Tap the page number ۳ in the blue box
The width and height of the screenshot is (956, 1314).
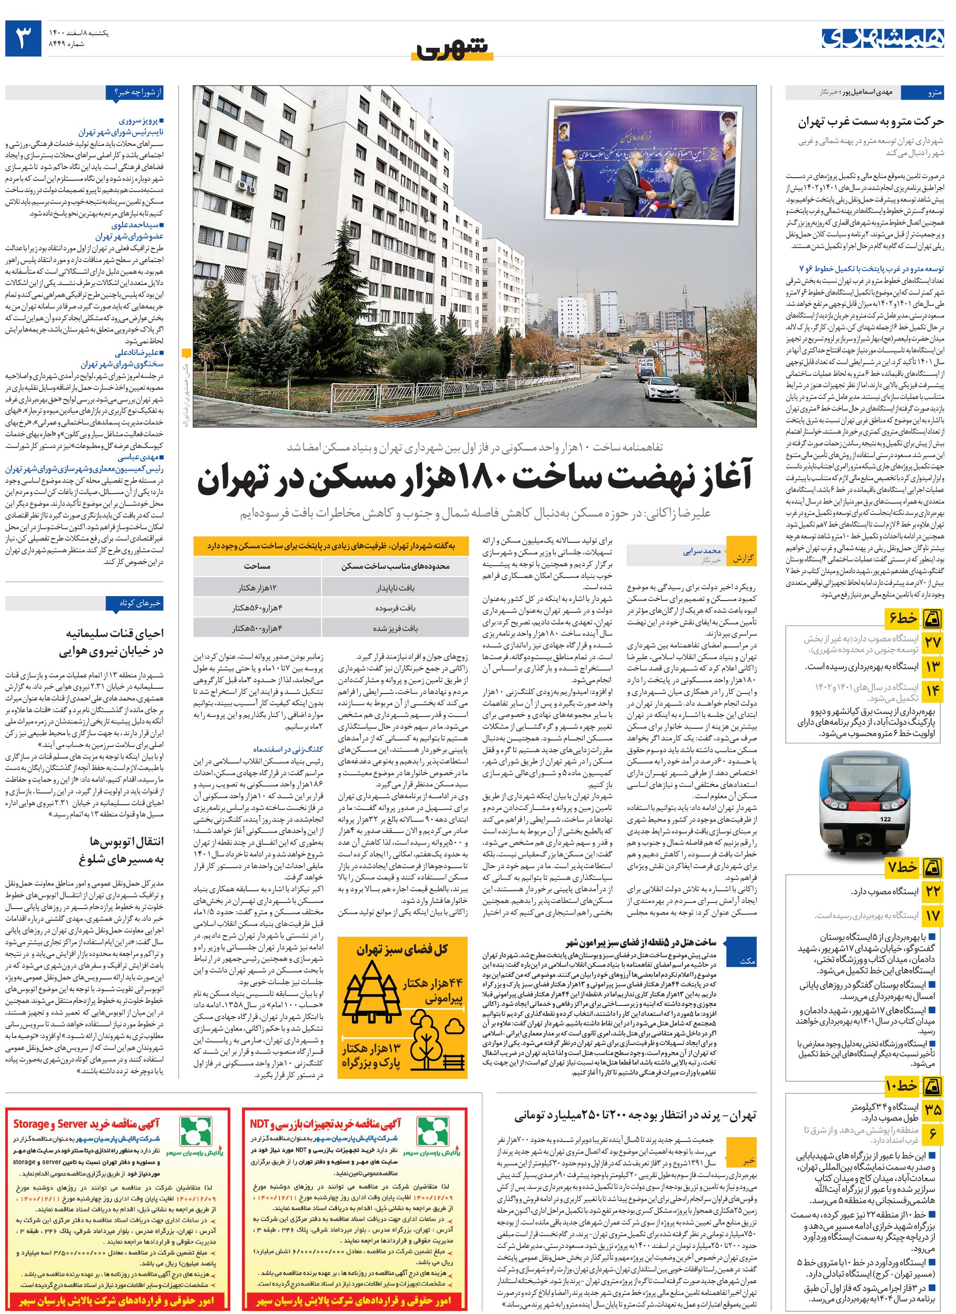tap(23, 38)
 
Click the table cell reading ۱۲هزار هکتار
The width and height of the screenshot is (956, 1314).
tap(258, 587)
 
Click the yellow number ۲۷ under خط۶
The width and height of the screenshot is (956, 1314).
tap(933, 642)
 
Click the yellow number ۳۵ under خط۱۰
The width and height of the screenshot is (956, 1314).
tap(933, 1109)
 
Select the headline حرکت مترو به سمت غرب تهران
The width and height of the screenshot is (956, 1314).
tap(871, 122)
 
